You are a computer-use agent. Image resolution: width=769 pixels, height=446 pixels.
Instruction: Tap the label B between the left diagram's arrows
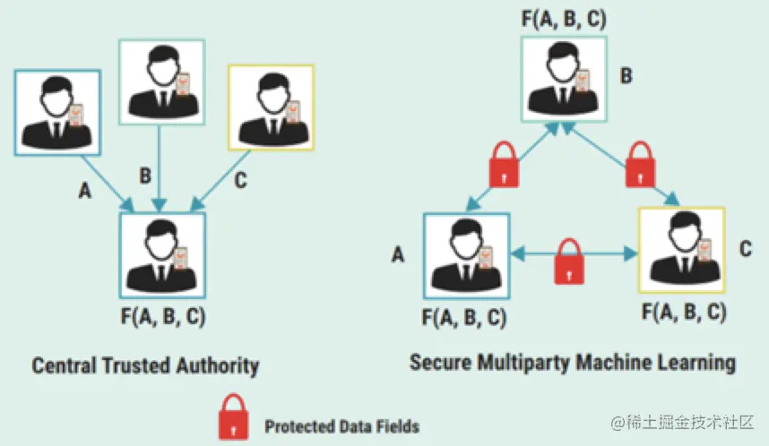pos(145,174)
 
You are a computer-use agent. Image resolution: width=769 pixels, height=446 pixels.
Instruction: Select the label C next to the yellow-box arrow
pos(240,180)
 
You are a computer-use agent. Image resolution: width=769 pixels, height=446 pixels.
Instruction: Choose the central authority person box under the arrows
pos(163,255)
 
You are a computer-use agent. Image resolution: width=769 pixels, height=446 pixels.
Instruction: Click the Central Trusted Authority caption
pos(145,365)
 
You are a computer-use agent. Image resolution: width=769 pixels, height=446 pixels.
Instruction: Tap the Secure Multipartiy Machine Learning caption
pos(573,362)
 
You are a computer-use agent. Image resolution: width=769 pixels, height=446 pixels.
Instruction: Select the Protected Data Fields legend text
pos(341,425)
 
